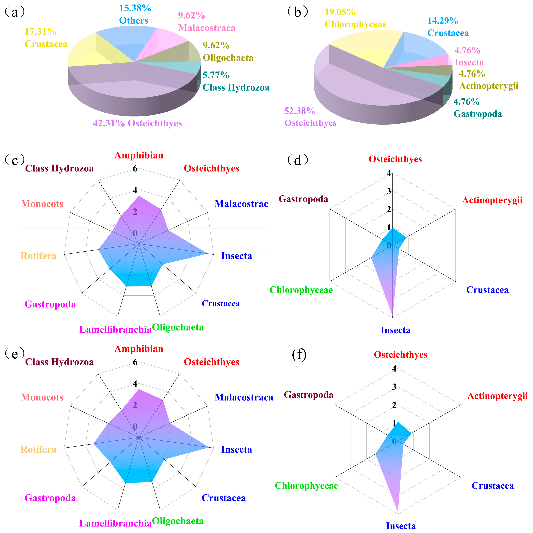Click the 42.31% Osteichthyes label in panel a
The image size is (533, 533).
[x=137, y=123]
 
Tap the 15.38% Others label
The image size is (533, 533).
[x=135, y=14]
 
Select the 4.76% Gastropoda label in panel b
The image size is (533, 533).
[x=478, y=108]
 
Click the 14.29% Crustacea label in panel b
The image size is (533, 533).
[x=448, y=27]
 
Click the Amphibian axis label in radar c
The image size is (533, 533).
[x=139, y=155]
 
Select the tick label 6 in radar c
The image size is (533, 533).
[x=135, y=169]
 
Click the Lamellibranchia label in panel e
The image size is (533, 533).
[x=115, y=523]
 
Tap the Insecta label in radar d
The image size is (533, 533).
[x=395, y=330]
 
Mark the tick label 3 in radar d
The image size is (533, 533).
[x=389, y=191]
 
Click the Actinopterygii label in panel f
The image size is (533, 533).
[x=497, y=396]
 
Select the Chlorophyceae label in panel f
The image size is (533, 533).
[x=306, y=486]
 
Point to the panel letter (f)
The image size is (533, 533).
[x=299, y=355]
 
